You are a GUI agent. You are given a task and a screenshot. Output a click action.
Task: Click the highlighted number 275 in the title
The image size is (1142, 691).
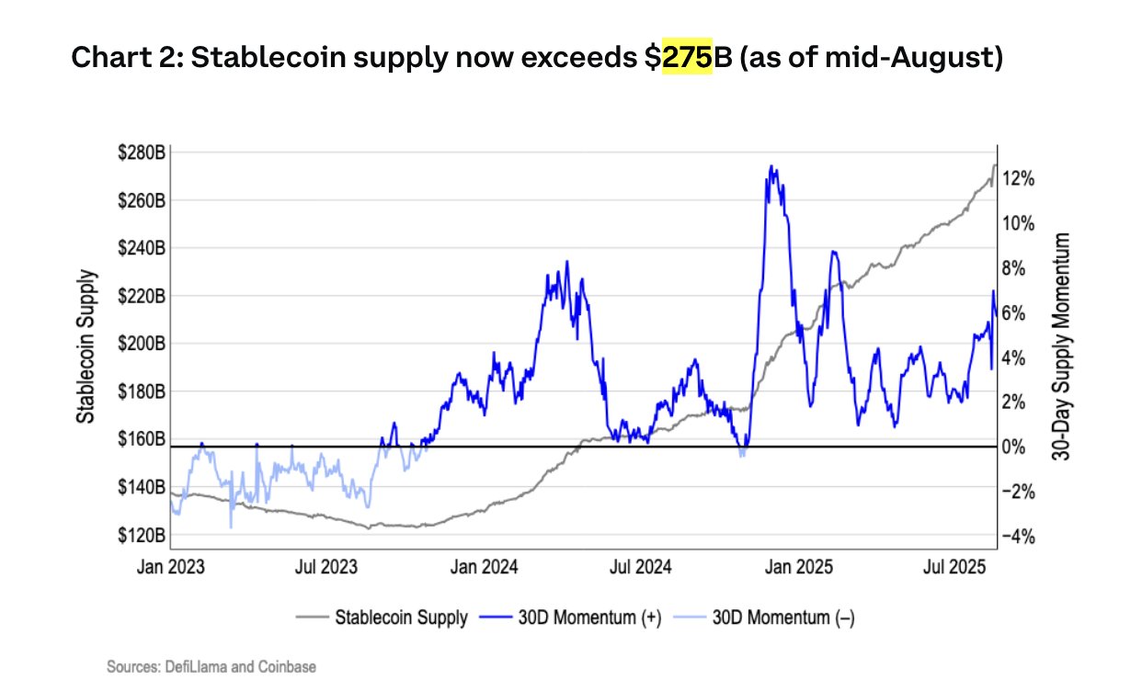(x=687, y=58)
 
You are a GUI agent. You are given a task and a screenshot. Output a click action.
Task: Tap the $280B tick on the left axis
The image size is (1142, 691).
(x=141, y=153)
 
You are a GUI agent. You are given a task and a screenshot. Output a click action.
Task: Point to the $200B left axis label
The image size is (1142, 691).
(x=141, y=344)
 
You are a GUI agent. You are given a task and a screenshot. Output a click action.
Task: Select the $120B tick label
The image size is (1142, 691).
(x=141, y=535)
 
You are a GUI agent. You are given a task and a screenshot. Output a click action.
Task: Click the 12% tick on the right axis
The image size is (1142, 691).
(x=1020, y=179)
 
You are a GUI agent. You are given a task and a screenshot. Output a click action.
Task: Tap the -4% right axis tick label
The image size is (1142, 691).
(x=1020, y=537)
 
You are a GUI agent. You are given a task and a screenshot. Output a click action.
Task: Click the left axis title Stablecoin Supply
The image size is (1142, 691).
(x=86, y=345)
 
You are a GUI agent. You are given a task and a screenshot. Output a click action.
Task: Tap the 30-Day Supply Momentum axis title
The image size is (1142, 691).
(x=1062, y=345)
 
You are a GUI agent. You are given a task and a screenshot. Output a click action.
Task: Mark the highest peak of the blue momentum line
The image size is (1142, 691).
(x=771, y=167)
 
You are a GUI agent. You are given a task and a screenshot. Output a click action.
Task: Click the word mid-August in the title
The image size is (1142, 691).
(x=899, y=58)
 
